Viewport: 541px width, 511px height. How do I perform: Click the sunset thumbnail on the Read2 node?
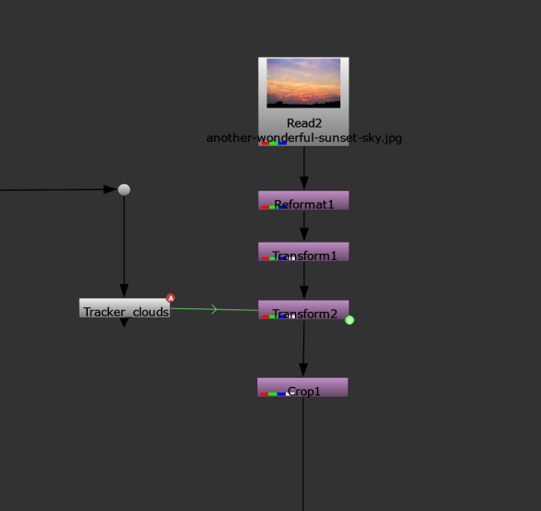pos(303,83)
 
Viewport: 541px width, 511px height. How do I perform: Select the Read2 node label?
pos(304,123)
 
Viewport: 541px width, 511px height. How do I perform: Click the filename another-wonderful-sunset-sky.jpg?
pos(304,138)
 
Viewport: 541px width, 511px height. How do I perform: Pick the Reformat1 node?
pos(303,200)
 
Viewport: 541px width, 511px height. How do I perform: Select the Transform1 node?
pos(303,252)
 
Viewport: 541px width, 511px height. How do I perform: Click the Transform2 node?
pos(303,310)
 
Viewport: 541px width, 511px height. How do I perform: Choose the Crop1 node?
pos(302,387)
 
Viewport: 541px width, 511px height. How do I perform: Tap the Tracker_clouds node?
pos(125,308)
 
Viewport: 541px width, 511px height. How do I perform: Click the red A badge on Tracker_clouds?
pos(170,298)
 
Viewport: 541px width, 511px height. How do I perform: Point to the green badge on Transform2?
pos(350,320)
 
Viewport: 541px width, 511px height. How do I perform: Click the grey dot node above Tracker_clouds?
pos(124,190)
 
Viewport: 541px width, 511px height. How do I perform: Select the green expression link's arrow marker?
pos(215,309)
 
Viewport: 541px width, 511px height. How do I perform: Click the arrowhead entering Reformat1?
pos(304,183)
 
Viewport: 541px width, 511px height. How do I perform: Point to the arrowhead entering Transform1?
pos(304,234)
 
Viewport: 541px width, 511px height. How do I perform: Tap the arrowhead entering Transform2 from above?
pos(304,293)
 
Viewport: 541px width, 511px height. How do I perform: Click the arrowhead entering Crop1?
pos(303,370)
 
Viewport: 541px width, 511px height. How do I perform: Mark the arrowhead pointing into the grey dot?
pos(110,189)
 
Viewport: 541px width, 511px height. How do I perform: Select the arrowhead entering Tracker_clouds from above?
pos(124,291)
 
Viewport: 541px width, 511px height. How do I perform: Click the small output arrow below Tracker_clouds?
pos(124,322)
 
